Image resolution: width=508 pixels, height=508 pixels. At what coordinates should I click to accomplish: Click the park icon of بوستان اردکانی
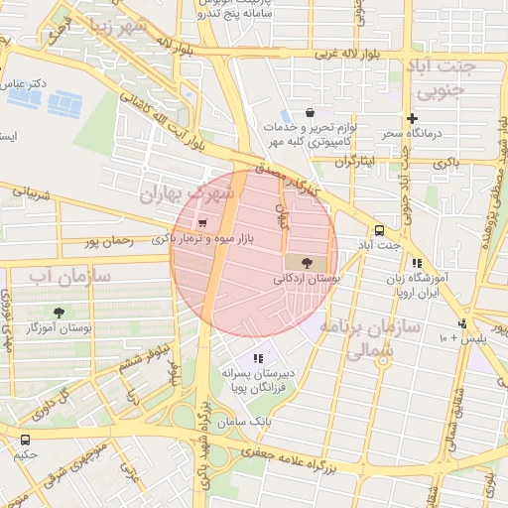pyautogui.click(x=302, y=262)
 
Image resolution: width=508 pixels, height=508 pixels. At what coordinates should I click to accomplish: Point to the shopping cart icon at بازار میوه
pyautogui.click(x=202, y=223)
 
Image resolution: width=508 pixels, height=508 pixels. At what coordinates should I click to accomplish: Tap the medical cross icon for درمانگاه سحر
pyautogui.click(x=412, y=118)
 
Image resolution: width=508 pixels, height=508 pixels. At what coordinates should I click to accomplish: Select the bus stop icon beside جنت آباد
pyautogui.click(x=379, y=229)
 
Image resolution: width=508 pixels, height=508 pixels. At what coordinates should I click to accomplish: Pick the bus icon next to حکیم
pyautogui.click(x=25, y=440)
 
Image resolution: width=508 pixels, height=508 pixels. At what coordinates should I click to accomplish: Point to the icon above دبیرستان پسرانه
pyautogui.click(x=259, y=358)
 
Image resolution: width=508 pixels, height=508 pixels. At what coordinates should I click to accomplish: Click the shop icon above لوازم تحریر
pyautogui.click(x=311, y=112)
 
